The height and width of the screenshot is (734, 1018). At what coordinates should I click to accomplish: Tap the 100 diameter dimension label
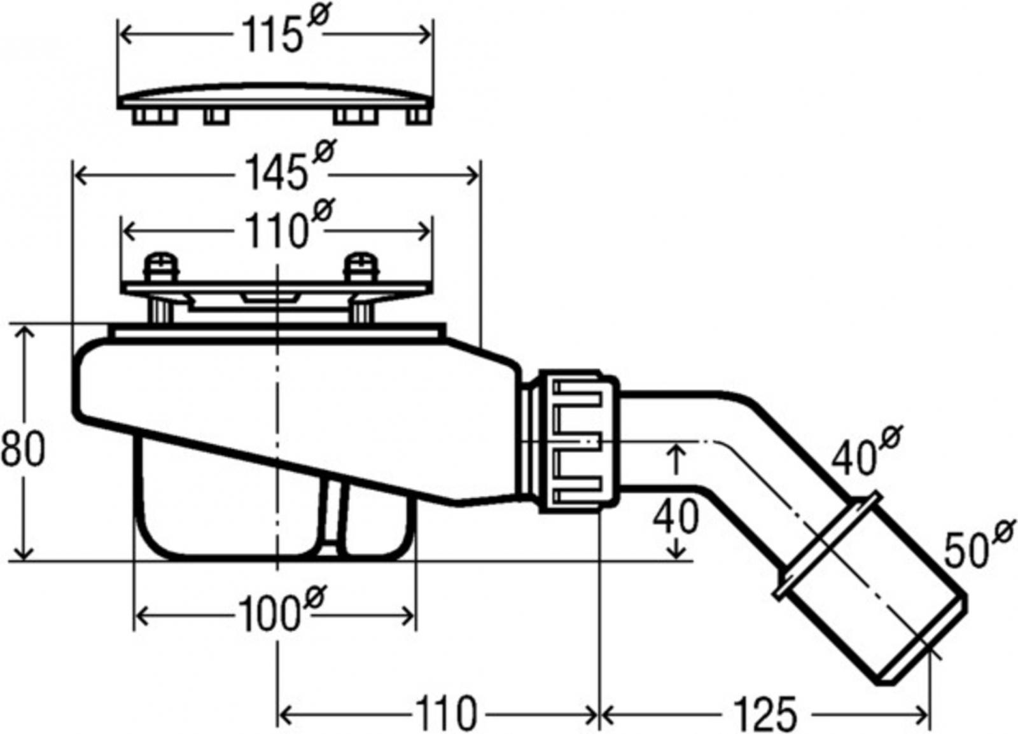pos(282,611)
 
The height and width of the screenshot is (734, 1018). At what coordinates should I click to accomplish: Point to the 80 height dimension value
pos(23,450)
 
